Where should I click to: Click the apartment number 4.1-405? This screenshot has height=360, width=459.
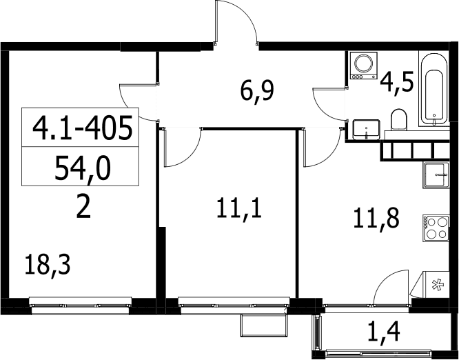83,128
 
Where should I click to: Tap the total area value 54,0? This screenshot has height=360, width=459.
83,168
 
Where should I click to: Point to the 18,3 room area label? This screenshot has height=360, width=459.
48,266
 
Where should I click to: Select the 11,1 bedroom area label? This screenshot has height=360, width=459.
239,208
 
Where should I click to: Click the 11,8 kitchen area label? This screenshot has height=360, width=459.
376,219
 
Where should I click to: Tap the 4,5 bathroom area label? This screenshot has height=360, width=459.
397,82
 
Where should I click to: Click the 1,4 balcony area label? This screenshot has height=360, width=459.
384,331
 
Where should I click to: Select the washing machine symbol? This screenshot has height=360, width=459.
364,66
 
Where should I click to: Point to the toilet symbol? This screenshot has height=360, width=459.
399,120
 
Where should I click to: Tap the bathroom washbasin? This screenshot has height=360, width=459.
367,129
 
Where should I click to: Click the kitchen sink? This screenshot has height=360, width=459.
436,175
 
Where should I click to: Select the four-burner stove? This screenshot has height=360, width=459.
436,228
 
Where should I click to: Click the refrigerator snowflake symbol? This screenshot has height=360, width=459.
438,285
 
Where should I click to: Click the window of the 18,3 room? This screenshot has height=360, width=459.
81,306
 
